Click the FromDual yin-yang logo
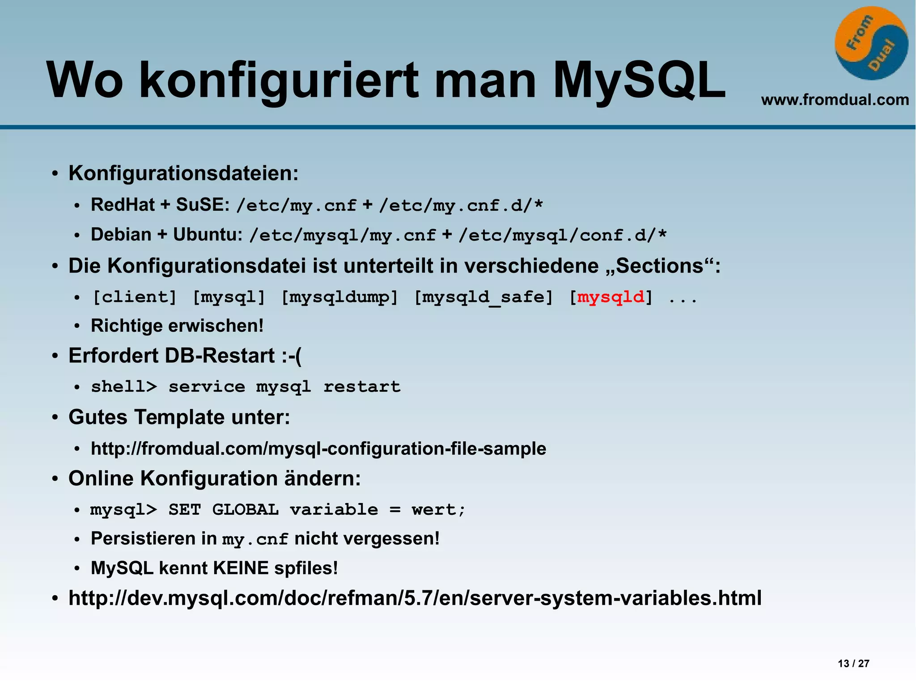tap(871, 43)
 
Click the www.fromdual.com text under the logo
tap(835, 99)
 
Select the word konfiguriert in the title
tap(278, 81)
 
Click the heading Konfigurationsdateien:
tap(183, 173)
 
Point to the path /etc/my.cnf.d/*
tap(461, 205)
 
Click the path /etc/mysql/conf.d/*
tap(562, 235)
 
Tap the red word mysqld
tap(611, 297)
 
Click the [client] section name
tap(134, 297)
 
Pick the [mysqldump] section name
tap(339, 297)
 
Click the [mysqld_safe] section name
tap(483, 297)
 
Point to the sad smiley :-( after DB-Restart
tap(292, 356)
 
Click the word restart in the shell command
tap(362, 387)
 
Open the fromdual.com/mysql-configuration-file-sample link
tap(318, 448)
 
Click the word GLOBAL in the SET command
tap(245, 510)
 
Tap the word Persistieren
tap(143, 538)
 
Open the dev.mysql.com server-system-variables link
tap(415, 598)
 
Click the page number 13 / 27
tap(853, 663)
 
